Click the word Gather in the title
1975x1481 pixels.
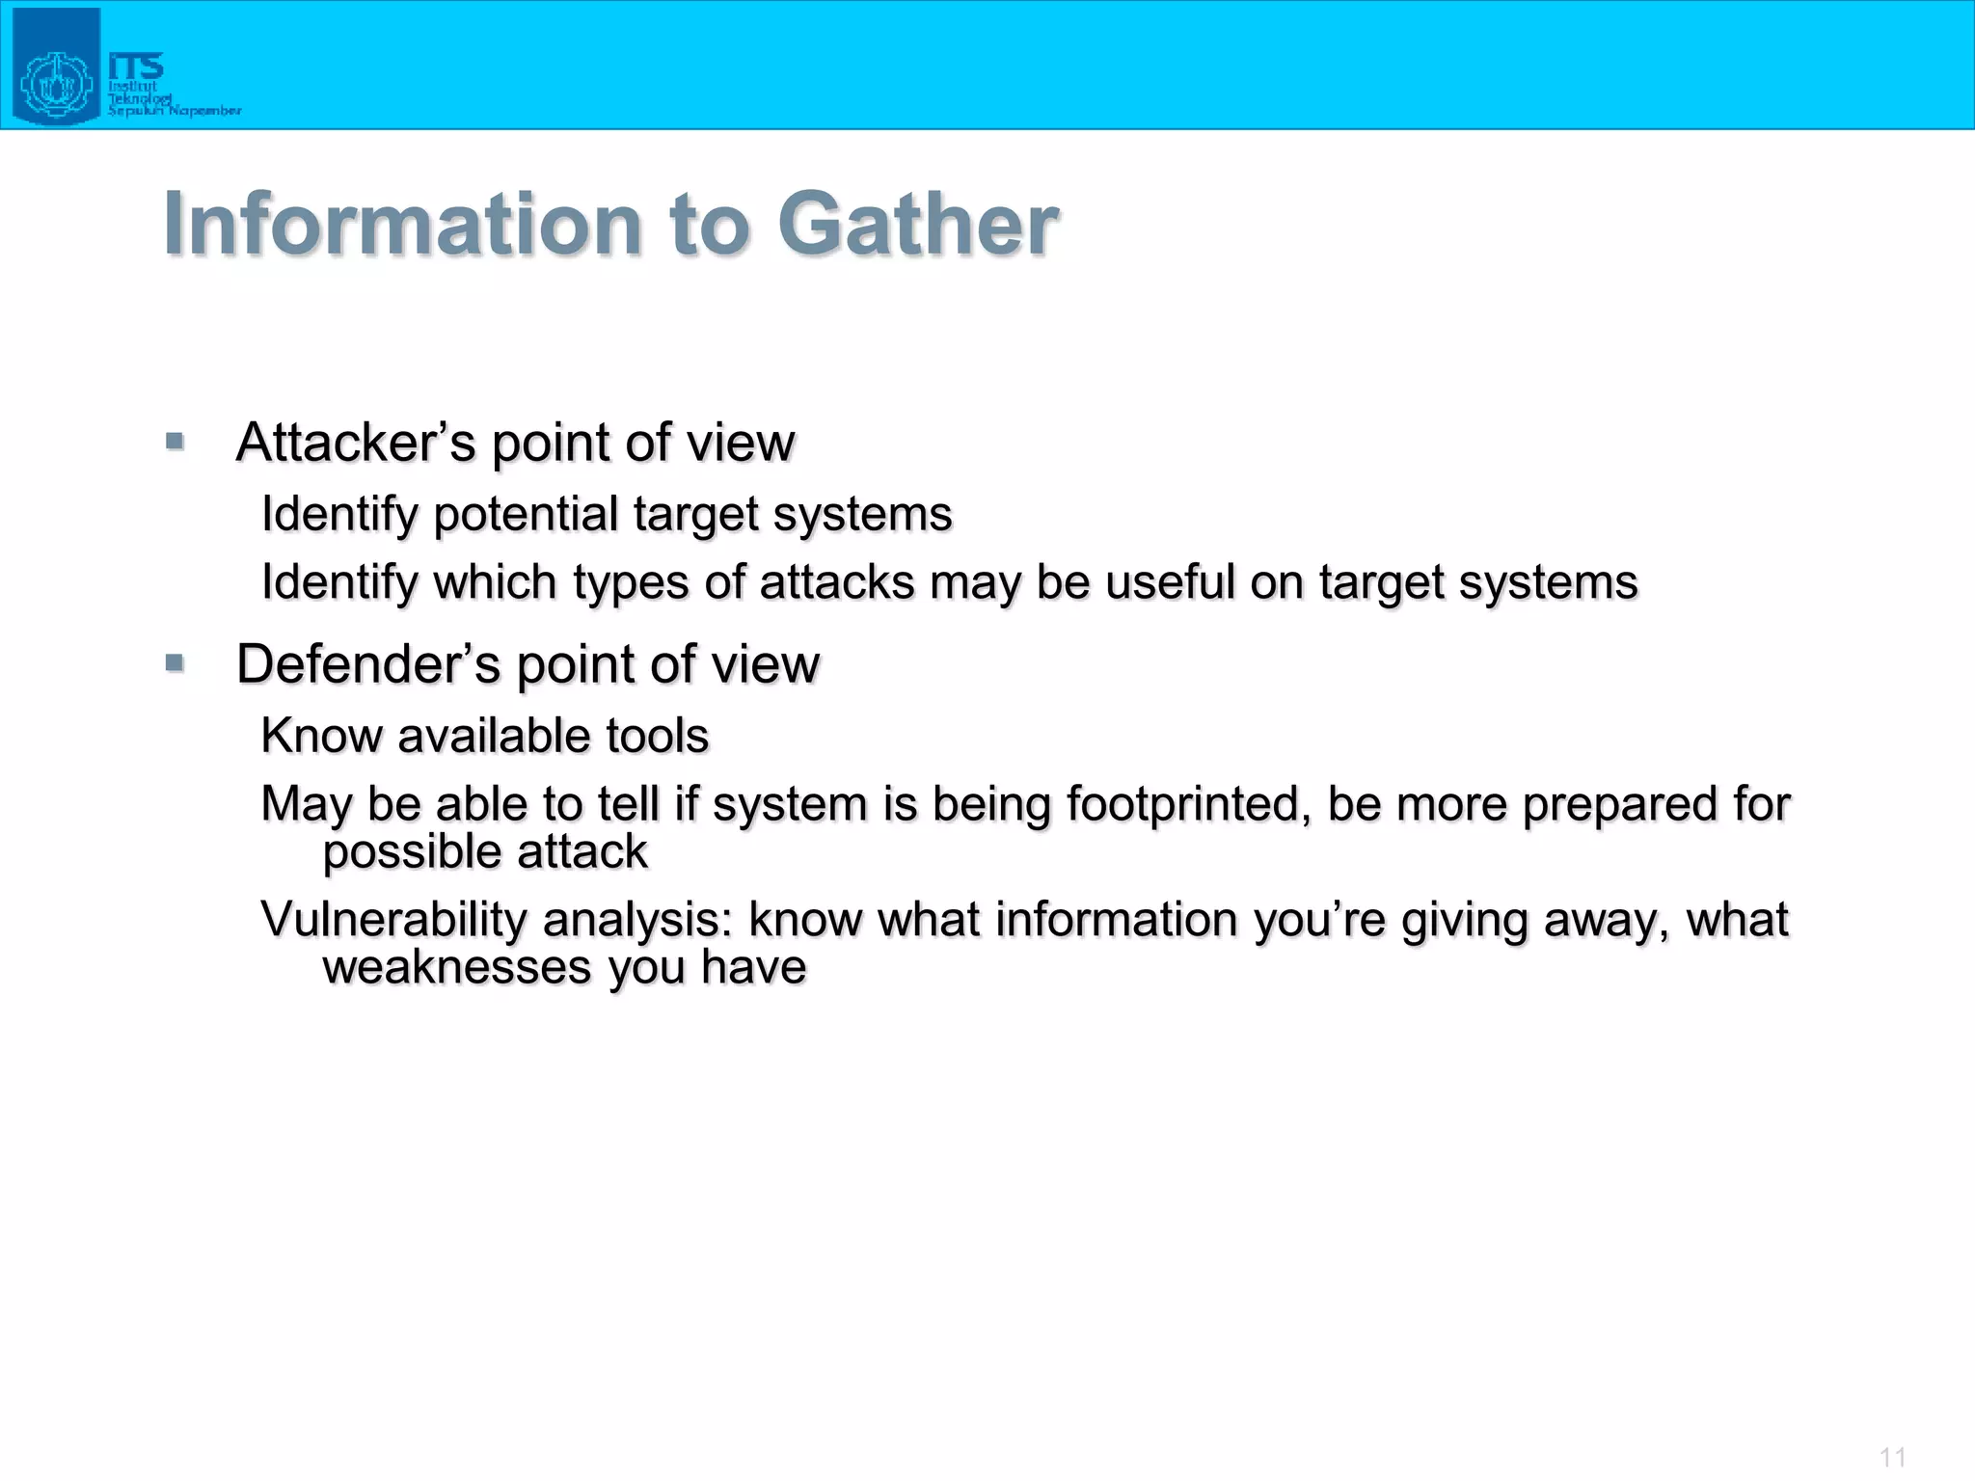(917, 225)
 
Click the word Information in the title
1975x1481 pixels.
(403, 225)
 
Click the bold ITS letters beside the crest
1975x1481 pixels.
(136, 66)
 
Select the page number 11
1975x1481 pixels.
(1892, 1457)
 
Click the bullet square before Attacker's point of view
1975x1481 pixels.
(175, 442)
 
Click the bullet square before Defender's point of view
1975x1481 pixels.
(175, 662)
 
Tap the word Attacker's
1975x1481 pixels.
(356, 443)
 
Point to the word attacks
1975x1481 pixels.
(836, 582)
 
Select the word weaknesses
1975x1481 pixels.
(456, 967)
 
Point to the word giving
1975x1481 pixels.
(1464, 921)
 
